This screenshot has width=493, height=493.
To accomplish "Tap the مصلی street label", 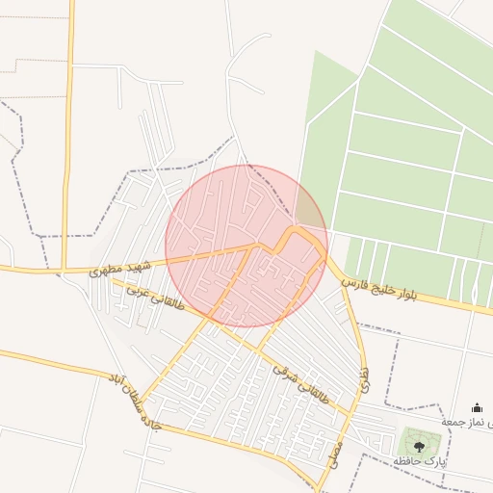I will pyautogui.click(x=338, y=453).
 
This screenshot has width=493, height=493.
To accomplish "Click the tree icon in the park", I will pyautogui.click(x=419, y=445).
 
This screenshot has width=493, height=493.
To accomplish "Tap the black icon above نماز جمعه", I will pyautogui.click(x=477, y=408).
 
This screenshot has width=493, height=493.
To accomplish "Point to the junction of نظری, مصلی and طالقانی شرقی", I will pyautogui.click(x=350, y=414).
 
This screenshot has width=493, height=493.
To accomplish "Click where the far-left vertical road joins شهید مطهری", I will pyautogui.click(x=64, y=272).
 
